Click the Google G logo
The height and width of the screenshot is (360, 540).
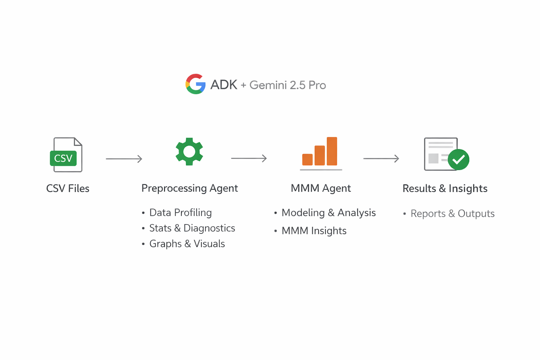pos(196,84)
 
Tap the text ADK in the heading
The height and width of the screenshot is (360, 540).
pos(224,85)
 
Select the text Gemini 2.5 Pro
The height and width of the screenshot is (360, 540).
pos(288,85)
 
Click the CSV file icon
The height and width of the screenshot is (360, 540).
pos(66,155)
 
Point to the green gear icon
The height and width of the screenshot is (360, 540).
pos(189,152)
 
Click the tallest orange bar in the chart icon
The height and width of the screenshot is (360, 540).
pos(332,151)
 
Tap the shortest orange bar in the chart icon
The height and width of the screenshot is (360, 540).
pos(307,159)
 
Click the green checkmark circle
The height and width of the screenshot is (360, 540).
pos(458,159)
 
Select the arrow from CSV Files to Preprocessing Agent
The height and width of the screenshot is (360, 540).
pos(124,159)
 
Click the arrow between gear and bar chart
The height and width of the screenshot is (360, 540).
pos(249,158)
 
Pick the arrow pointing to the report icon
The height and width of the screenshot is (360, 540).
pos(381,159)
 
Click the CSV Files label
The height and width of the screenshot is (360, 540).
pos(68,188)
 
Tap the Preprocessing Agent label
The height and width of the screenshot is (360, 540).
pos(190,188)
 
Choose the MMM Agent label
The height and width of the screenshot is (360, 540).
pos(321,188)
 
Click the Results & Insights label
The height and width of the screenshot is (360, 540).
pos(445,188)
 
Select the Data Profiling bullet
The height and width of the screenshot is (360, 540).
pos(177,213)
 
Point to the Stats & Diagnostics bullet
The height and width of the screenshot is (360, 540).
pos(189,228)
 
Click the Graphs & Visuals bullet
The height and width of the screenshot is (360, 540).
pos(184,244)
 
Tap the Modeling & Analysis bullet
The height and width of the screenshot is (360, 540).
pos(325,213)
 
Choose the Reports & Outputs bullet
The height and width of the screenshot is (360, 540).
pos(449,214)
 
